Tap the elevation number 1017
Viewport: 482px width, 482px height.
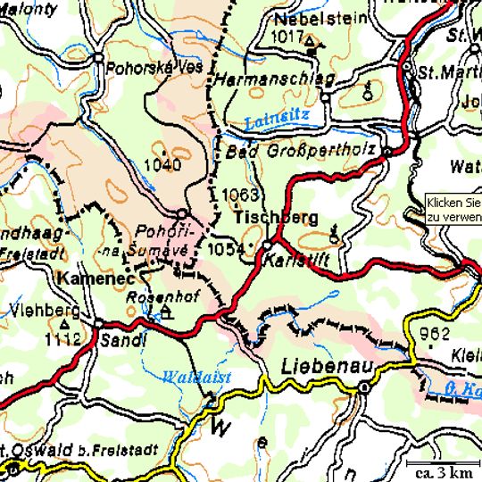[x=288, y=37]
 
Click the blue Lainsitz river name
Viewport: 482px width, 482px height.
[x=276, y=116]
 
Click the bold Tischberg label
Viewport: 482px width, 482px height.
[x=276, y=218]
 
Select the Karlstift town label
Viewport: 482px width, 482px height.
[x=293, y=261]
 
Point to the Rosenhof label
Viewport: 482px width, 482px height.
[x=152, y=295]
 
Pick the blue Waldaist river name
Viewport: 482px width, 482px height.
[x=197, y=378]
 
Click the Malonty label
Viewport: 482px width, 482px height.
[x=27, y=7]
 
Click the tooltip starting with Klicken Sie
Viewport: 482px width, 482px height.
[x=453, y=209]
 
